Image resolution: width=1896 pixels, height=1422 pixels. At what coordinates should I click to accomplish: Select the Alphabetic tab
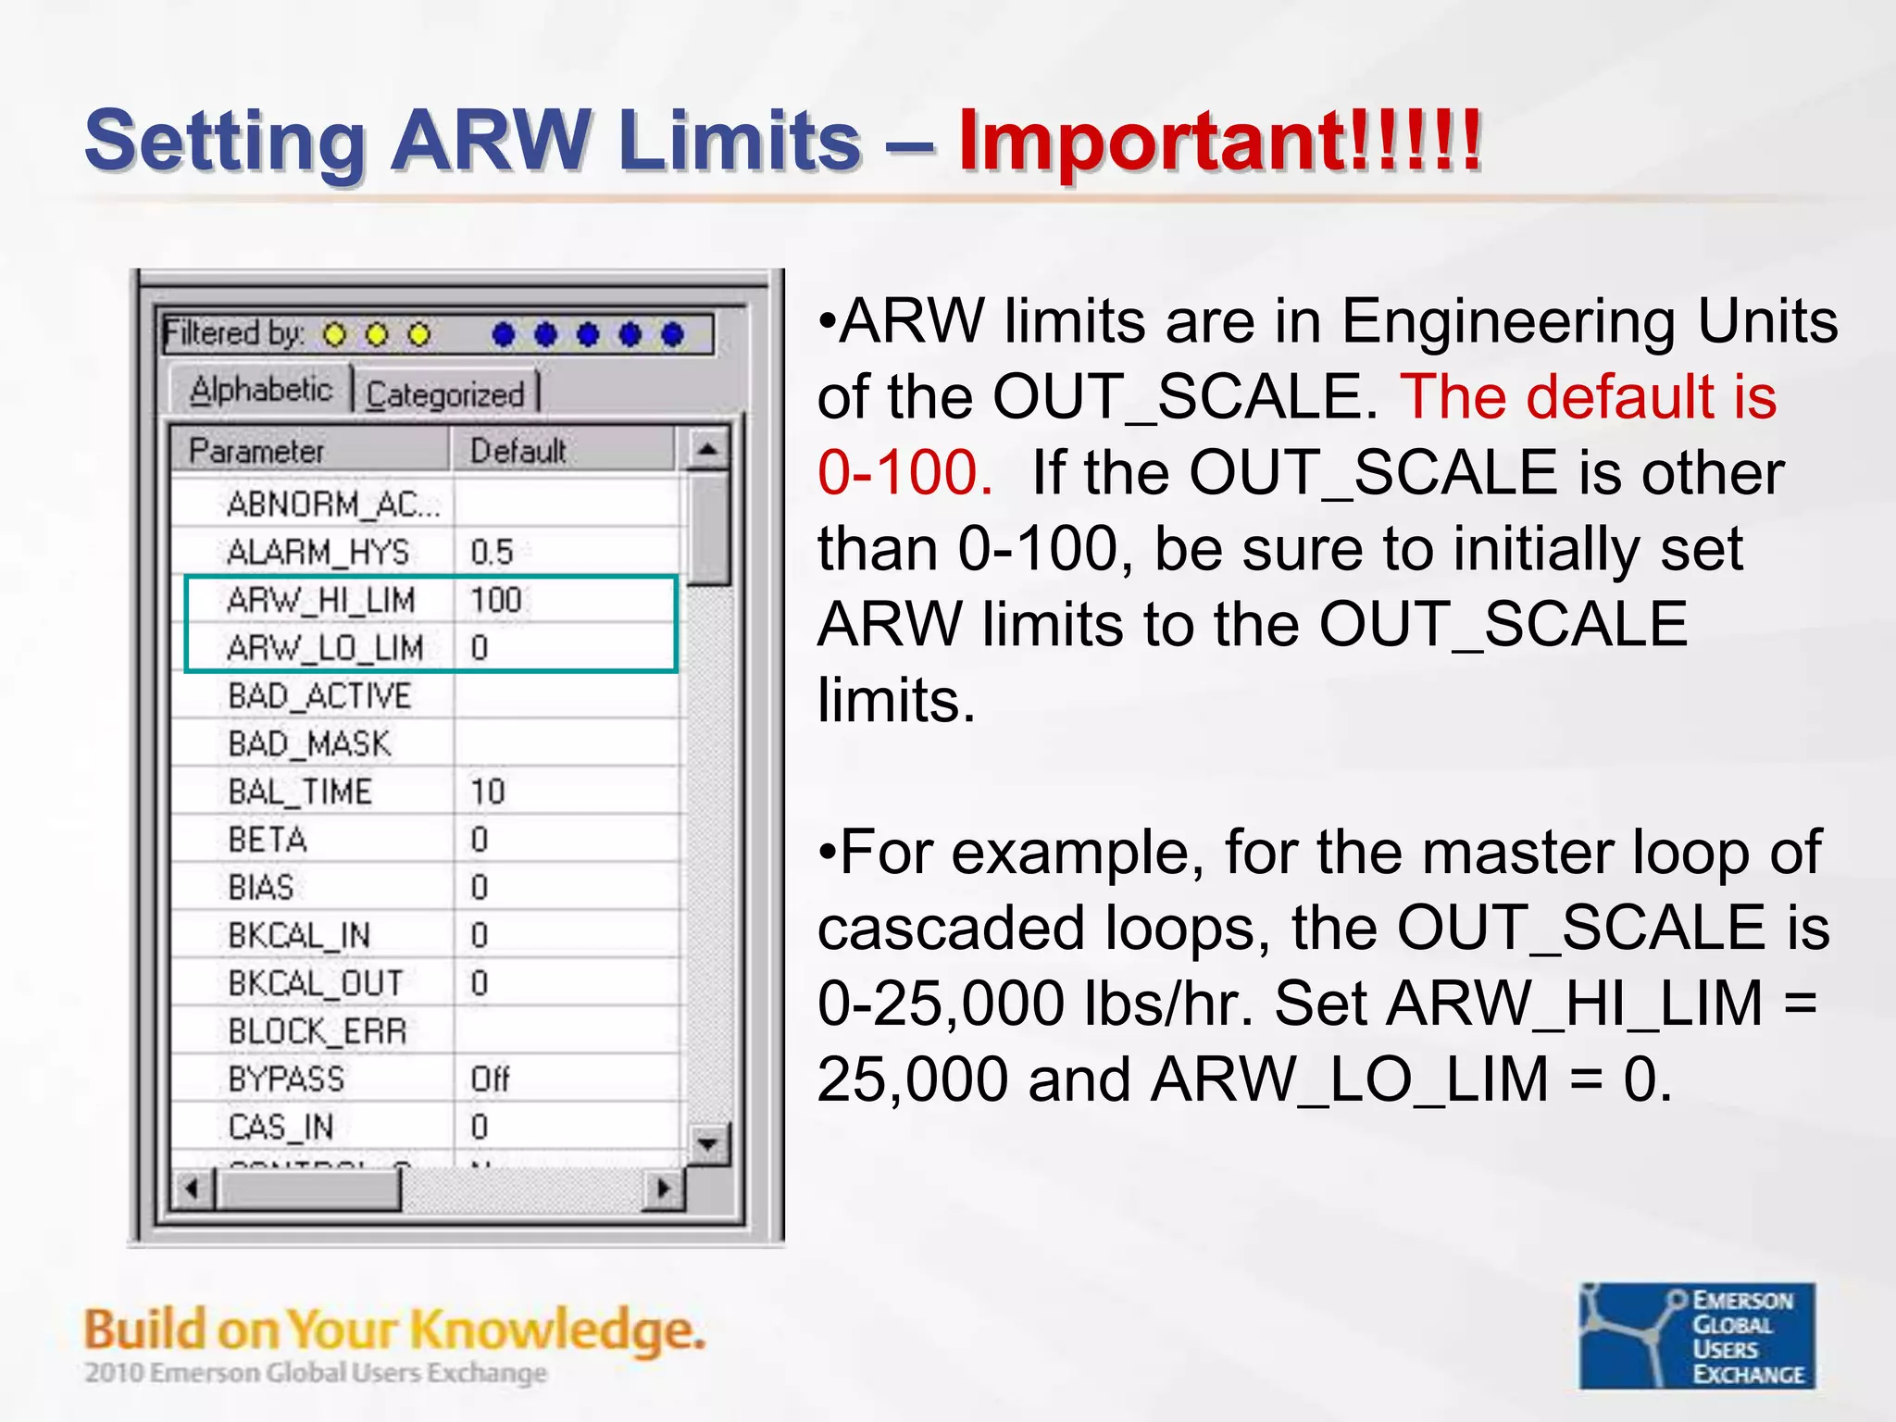(260, 390)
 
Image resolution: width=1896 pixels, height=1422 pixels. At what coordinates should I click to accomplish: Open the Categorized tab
(445, 394)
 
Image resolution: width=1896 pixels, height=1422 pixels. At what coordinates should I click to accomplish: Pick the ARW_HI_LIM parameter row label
(320, 600)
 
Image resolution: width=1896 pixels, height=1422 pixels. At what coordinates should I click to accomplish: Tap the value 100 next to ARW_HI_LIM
(496, 600)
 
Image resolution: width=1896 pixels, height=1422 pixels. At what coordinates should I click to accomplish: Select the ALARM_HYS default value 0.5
(492, 552)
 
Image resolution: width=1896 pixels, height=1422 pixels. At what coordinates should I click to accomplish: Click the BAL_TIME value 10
(488, 792)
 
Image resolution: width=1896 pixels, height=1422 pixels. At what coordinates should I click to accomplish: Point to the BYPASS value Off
(490, 1079)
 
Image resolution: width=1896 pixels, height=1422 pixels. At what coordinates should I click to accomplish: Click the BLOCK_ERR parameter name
(317, 1030)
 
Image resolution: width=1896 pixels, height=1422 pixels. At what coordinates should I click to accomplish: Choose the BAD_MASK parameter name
(309, 743)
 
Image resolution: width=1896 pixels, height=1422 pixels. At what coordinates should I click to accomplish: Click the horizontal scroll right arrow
(663, 1189)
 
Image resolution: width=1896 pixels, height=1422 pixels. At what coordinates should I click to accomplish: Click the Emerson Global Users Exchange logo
(1696, 1336)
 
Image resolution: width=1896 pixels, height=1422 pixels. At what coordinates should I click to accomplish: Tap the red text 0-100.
(904, 472)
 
